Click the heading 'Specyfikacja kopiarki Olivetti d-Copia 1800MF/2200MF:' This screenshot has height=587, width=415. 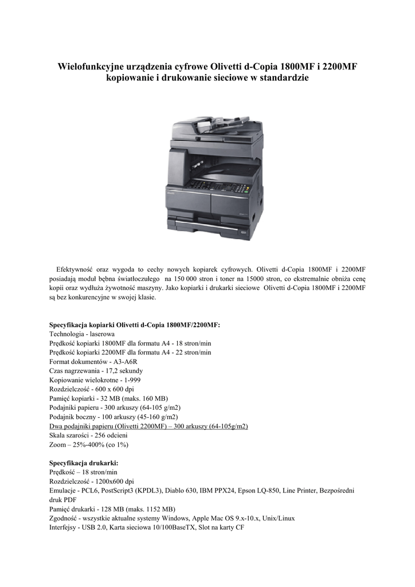(135, 324)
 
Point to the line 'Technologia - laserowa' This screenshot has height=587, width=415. (82, 334)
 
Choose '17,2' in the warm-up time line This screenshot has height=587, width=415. (105, 371)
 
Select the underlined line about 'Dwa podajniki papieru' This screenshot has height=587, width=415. (149, 426)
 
